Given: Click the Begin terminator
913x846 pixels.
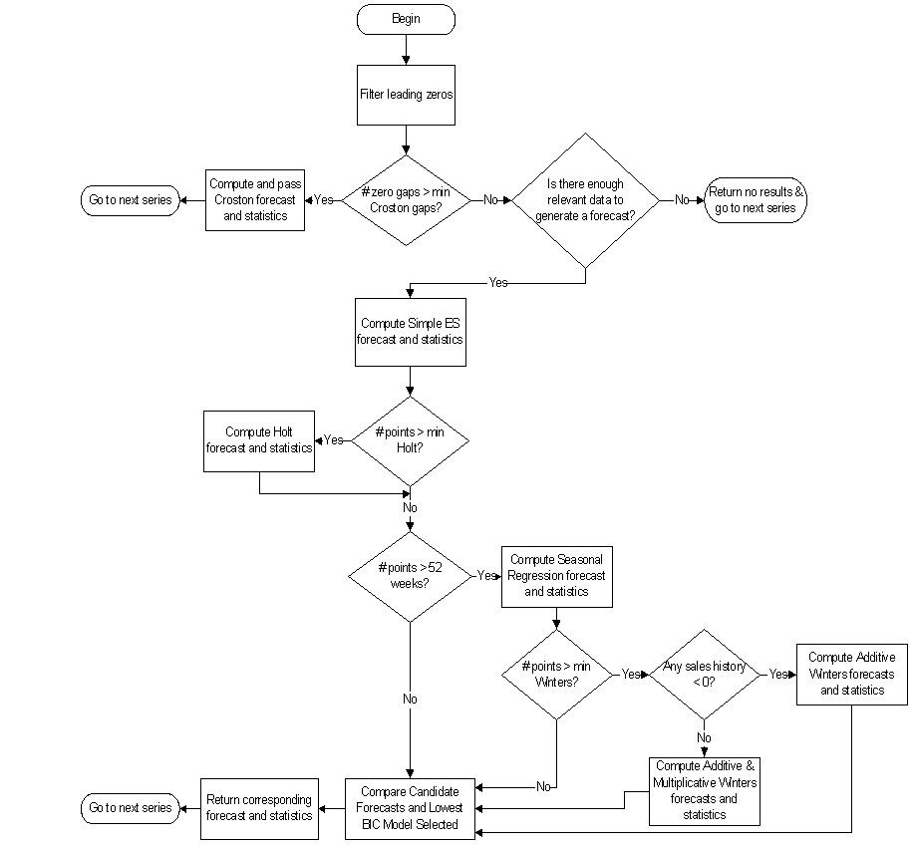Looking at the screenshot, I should click(x=406, y=19).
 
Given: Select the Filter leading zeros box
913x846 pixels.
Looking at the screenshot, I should click(x=407, y=95).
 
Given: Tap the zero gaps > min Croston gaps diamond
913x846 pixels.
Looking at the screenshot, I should click(x=406, y=199).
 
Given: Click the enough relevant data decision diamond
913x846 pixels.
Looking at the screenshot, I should click(x=585, y=199).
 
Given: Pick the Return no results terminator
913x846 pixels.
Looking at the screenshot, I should click(x=756, y=200).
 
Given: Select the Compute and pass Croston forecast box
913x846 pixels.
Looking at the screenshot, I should click(x=255, y=199).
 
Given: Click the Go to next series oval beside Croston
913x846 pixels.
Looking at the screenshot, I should click(x=130, y=199).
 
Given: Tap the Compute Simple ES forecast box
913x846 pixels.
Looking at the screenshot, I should click(x=410, y=331).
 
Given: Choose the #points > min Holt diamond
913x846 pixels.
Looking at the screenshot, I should click(x=411, y=440).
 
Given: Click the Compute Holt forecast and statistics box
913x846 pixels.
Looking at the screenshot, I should click(x=259, y=439).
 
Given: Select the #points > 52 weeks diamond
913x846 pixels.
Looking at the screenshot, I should click(x=410, y=575).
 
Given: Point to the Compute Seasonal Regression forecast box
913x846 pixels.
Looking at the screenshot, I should click(x=556, y=575).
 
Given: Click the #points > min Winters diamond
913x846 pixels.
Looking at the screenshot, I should click(x=556, y=674).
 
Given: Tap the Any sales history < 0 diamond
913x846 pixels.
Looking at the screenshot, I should click(x=704, y=674).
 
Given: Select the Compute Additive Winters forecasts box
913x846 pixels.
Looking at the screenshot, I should click(x=851, y=674).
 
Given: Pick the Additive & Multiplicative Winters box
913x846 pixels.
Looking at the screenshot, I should click(x=704, y=790).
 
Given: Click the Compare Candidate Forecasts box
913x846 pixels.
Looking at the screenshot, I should click(x=411, y=807).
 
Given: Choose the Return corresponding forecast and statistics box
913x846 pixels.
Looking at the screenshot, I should click(x=259, y=807).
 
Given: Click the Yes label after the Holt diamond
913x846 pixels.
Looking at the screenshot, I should click(x=334, y=439).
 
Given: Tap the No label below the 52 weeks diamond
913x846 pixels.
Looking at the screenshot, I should click(x=410, y=699).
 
